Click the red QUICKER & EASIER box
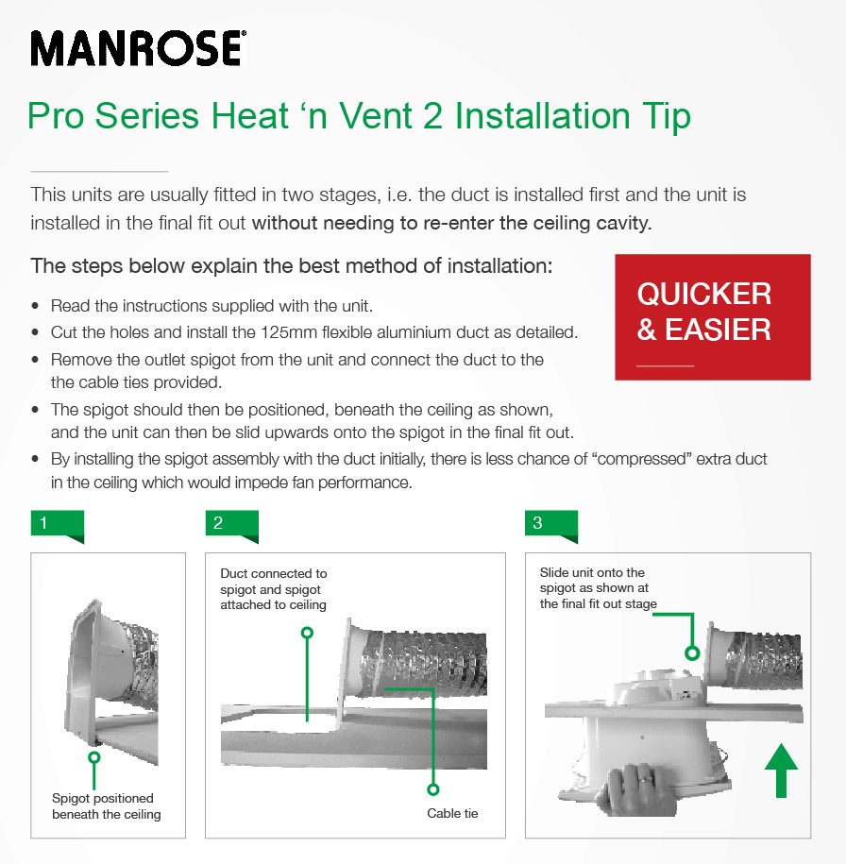tap(712, 317)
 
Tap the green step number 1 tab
tap(57, 525)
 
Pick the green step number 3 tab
tap(550, 525)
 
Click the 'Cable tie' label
tap(452, 813)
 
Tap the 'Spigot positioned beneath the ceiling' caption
tap(106, 805)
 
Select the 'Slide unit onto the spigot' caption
tap(598, 587)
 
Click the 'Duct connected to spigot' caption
tap(274, 588)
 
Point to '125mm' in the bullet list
tap(319, 333)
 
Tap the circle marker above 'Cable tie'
tap(433, 788)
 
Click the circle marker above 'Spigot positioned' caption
tap(93, 756)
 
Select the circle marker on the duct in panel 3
tap(693, 652)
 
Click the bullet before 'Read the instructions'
tap(36, 307)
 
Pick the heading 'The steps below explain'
tap(291, 265)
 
